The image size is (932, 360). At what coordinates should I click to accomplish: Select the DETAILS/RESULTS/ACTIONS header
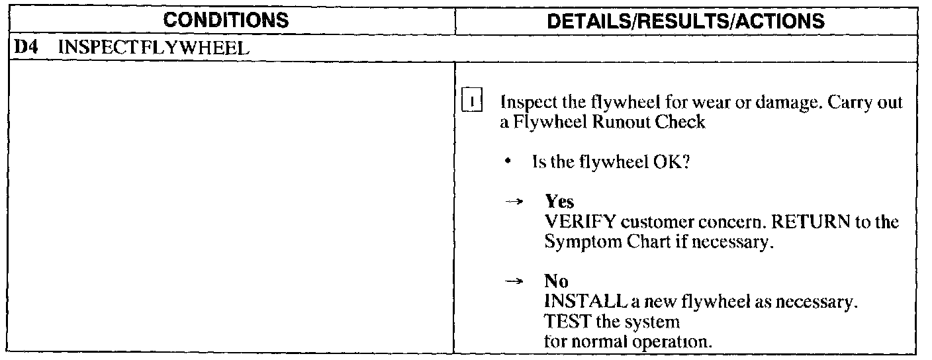[x=687, y=20]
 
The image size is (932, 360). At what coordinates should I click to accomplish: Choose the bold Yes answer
[x=559, y=202]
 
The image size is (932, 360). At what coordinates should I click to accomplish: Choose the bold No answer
[x=557, y=282]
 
